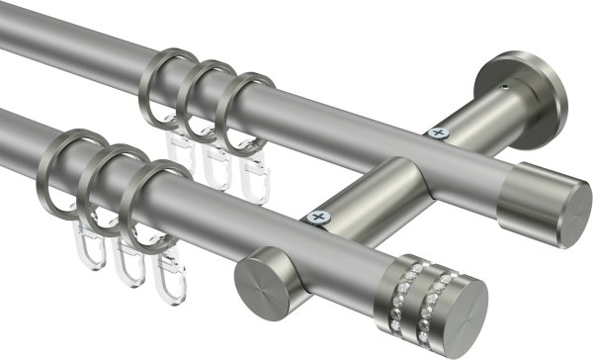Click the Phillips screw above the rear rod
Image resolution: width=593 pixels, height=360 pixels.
pos(436,132)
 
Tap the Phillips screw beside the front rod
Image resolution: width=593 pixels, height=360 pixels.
pos(317,216)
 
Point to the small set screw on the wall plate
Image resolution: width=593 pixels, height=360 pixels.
pos(503,88)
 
